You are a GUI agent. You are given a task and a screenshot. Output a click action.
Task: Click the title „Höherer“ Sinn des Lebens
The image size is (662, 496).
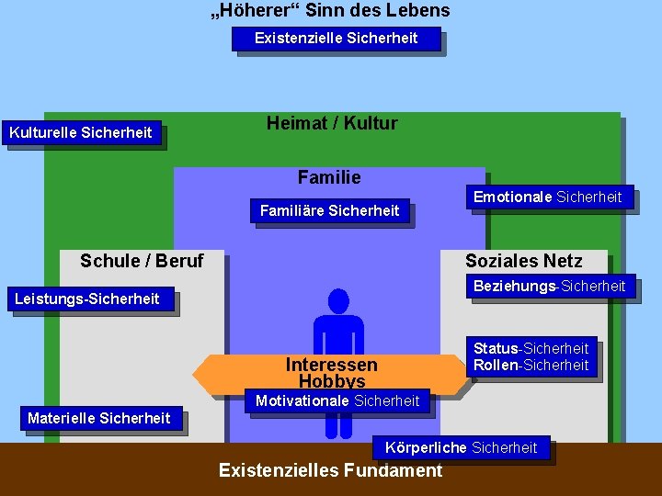click(330, 11)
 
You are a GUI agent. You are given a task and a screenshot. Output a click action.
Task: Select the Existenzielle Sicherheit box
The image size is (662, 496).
click(336, 39)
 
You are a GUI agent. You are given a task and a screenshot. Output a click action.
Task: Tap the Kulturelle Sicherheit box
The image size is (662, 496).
click(81, 133)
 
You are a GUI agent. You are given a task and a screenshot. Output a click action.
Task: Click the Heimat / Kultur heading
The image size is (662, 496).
click(332, 123)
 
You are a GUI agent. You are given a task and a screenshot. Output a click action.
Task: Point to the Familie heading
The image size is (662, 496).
click(329, 177)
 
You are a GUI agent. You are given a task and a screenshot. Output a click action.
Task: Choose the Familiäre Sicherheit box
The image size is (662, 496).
click(329, 211)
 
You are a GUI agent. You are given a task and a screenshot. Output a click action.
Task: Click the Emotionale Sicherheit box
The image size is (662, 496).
click(547, 197)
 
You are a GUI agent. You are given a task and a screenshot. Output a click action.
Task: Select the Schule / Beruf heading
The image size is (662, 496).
click(142, 261)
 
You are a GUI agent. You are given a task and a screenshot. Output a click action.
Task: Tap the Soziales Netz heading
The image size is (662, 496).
click(523, 261)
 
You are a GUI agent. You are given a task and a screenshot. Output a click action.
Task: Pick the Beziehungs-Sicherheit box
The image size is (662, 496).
click(549, 287)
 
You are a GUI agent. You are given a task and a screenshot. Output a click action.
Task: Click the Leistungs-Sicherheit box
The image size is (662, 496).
click(87, 299)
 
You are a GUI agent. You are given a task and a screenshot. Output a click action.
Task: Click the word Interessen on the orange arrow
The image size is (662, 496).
click(331, 365)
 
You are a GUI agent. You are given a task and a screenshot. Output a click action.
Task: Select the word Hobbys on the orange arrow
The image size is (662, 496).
click(331, 381)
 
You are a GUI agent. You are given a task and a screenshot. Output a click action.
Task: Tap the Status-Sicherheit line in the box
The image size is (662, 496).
click(531, 349)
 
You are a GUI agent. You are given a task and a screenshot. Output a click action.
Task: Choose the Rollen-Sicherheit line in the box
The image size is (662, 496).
click(531, 366)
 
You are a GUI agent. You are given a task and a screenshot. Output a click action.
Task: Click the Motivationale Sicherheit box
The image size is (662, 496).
click(337, 401)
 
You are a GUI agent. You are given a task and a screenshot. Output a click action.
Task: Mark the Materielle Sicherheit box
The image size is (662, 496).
click(99, 419)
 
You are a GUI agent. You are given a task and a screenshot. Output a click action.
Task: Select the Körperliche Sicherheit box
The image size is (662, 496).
click(461, 448)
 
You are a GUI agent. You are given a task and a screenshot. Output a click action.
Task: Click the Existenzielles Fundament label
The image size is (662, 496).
click(330, 471)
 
